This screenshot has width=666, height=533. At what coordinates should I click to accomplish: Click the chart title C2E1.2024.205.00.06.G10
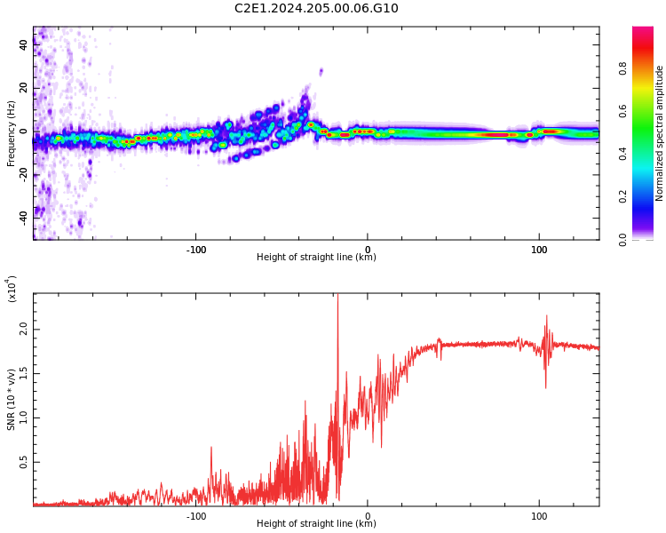[316, 9]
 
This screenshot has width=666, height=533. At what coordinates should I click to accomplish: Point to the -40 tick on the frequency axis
[25, 216]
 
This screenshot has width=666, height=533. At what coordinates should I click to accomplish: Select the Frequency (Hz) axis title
[12, 133]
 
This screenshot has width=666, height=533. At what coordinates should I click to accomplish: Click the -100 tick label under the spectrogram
[196, 249]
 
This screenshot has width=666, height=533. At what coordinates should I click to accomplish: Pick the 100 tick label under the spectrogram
[539, 249]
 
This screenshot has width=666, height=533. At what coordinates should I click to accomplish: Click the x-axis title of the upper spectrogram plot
[316, 258]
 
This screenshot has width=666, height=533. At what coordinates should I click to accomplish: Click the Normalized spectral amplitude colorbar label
[660, 133]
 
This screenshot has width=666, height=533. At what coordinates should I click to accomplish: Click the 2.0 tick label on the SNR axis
[23, 330]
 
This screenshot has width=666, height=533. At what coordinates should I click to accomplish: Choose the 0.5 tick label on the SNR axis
[23, 463]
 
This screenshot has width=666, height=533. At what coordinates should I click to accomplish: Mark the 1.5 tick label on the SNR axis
[23, 374]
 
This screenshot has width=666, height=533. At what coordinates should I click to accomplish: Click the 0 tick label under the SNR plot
[368, 515]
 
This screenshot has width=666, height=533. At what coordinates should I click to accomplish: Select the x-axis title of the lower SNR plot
[316, 524]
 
